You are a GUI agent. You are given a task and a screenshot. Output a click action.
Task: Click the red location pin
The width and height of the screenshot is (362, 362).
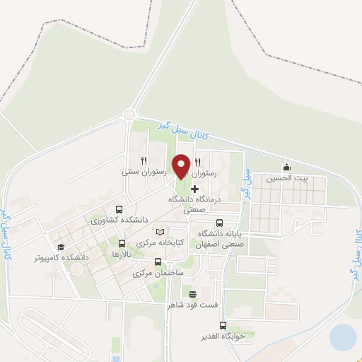[182, 166]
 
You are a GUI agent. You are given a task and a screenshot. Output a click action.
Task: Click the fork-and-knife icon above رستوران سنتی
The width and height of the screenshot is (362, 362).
[144, 160]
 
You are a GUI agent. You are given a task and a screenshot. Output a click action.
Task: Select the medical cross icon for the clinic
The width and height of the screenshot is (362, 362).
[194, 189]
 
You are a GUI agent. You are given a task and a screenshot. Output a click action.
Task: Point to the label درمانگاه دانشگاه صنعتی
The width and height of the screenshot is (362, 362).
[194, 204]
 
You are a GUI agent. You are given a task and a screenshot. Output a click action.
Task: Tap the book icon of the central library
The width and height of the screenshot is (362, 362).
[160, 232]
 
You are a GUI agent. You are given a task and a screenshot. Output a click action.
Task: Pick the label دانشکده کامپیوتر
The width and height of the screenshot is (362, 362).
[62, 257]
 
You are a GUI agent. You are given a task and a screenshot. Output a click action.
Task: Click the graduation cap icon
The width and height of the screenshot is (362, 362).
[62, 247]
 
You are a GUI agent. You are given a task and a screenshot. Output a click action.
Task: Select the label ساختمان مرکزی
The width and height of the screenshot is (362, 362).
[158, 272]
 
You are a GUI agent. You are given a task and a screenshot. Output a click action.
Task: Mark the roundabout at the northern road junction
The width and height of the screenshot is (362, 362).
[129, 115]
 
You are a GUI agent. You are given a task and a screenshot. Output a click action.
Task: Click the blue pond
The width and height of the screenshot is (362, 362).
[343, 337]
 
